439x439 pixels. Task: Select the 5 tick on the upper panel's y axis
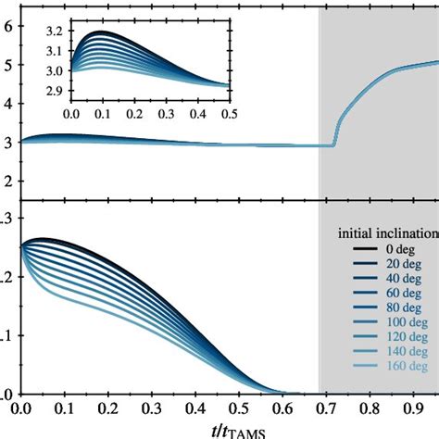click(7, 66)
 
